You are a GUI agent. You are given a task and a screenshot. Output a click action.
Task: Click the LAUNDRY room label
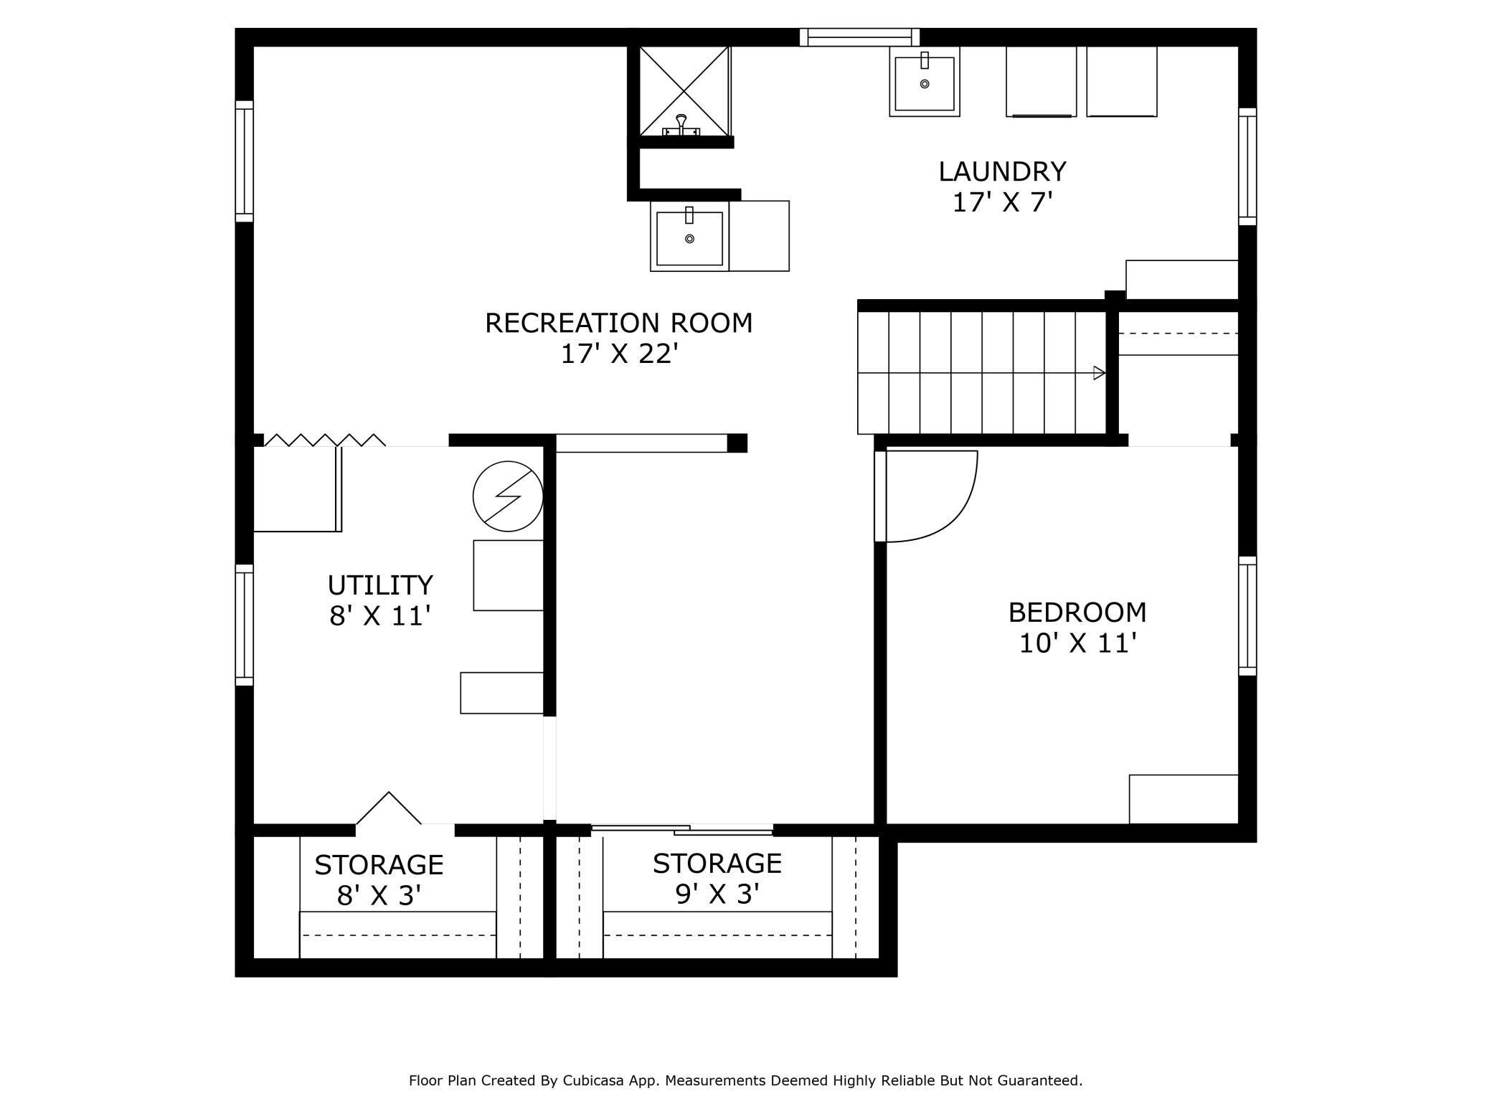point(1002,172)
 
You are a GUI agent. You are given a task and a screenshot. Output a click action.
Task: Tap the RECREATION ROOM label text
point(619,324)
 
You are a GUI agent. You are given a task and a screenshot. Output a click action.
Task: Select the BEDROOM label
point(1077,613)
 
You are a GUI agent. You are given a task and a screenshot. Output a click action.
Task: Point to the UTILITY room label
point(380,585)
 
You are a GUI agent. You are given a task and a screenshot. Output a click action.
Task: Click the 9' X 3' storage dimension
point(717,894)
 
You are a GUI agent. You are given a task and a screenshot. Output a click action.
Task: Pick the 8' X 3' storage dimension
point(379,896)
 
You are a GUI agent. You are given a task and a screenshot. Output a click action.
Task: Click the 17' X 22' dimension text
point(619,354)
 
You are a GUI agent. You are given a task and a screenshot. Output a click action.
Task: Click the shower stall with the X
point(684,91)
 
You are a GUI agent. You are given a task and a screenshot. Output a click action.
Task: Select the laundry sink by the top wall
point(925,82)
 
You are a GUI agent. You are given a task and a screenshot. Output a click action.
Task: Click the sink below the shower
point(689,236)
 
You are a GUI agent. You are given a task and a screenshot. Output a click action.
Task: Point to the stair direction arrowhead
point(1099,373)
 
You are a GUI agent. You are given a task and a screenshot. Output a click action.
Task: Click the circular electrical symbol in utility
point(508,496)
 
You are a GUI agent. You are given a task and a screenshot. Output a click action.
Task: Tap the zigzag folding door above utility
point(325,440)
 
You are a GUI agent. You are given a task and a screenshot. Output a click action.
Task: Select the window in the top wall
point(859,37)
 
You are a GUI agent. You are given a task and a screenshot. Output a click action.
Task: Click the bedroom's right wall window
point(1247,615)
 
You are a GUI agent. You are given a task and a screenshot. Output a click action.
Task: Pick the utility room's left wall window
point(245,624)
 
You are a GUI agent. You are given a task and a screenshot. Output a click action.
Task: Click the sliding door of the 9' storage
point(682,831)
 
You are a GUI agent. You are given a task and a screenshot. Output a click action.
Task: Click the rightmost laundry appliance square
point(1122,82)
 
